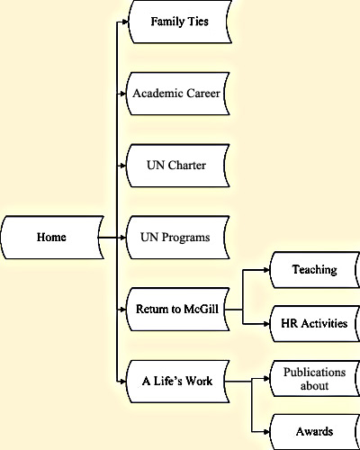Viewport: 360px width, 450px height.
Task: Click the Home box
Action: click(52, 238)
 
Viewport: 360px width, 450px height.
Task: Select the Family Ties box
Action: click(180, 22)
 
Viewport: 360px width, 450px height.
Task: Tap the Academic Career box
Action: click(177, 94)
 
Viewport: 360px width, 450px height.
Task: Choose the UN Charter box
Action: click(177, 166)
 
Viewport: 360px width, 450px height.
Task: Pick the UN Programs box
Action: click(177, 238)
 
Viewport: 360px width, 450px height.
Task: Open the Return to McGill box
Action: click(177, 310)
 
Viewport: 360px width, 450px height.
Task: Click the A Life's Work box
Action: click(177, 382)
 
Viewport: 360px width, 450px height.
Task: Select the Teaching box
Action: click(314, 270)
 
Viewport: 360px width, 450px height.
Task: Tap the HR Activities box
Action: click(314, 324)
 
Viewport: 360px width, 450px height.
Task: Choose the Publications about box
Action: click(314, 378)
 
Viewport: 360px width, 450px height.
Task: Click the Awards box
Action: click(314, 432)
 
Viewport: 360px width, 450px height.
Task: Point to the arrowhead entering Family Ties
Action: click(125, 22)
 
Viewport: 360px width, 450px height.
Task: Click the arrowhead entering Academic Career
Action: click(122, 94)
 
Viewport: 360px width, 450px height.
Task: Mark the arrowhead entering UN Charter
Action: click(122, 166)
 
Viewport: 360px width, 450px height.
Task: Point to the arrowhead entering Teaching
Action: click(266, 270)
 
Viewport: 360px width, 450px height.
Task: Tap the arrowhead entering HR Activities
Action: click(266, 324)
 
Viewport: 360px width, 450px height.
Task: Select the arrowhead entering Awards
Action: click(266, 432)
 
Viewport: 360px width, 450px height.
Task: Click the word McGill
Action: click(201, 309)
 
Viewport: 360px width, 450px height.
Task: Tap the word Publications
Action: click(314, 373)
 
